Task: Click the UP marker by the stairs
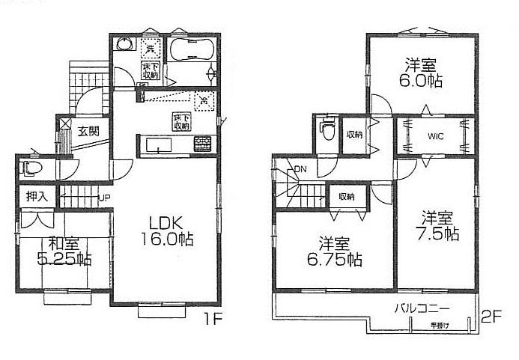(105, 199)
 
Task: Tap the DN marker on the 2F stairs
(300, 170)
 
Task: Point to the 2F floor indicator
(491, 318)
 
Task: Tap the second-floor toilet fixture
(327, 135)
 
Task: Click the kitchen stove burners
(203, 143)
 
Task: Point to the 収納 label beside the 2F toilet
(354, 135)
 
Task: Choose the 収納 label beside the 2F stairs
(346, 197)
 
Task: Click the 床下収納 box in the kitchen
(182, 121)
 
